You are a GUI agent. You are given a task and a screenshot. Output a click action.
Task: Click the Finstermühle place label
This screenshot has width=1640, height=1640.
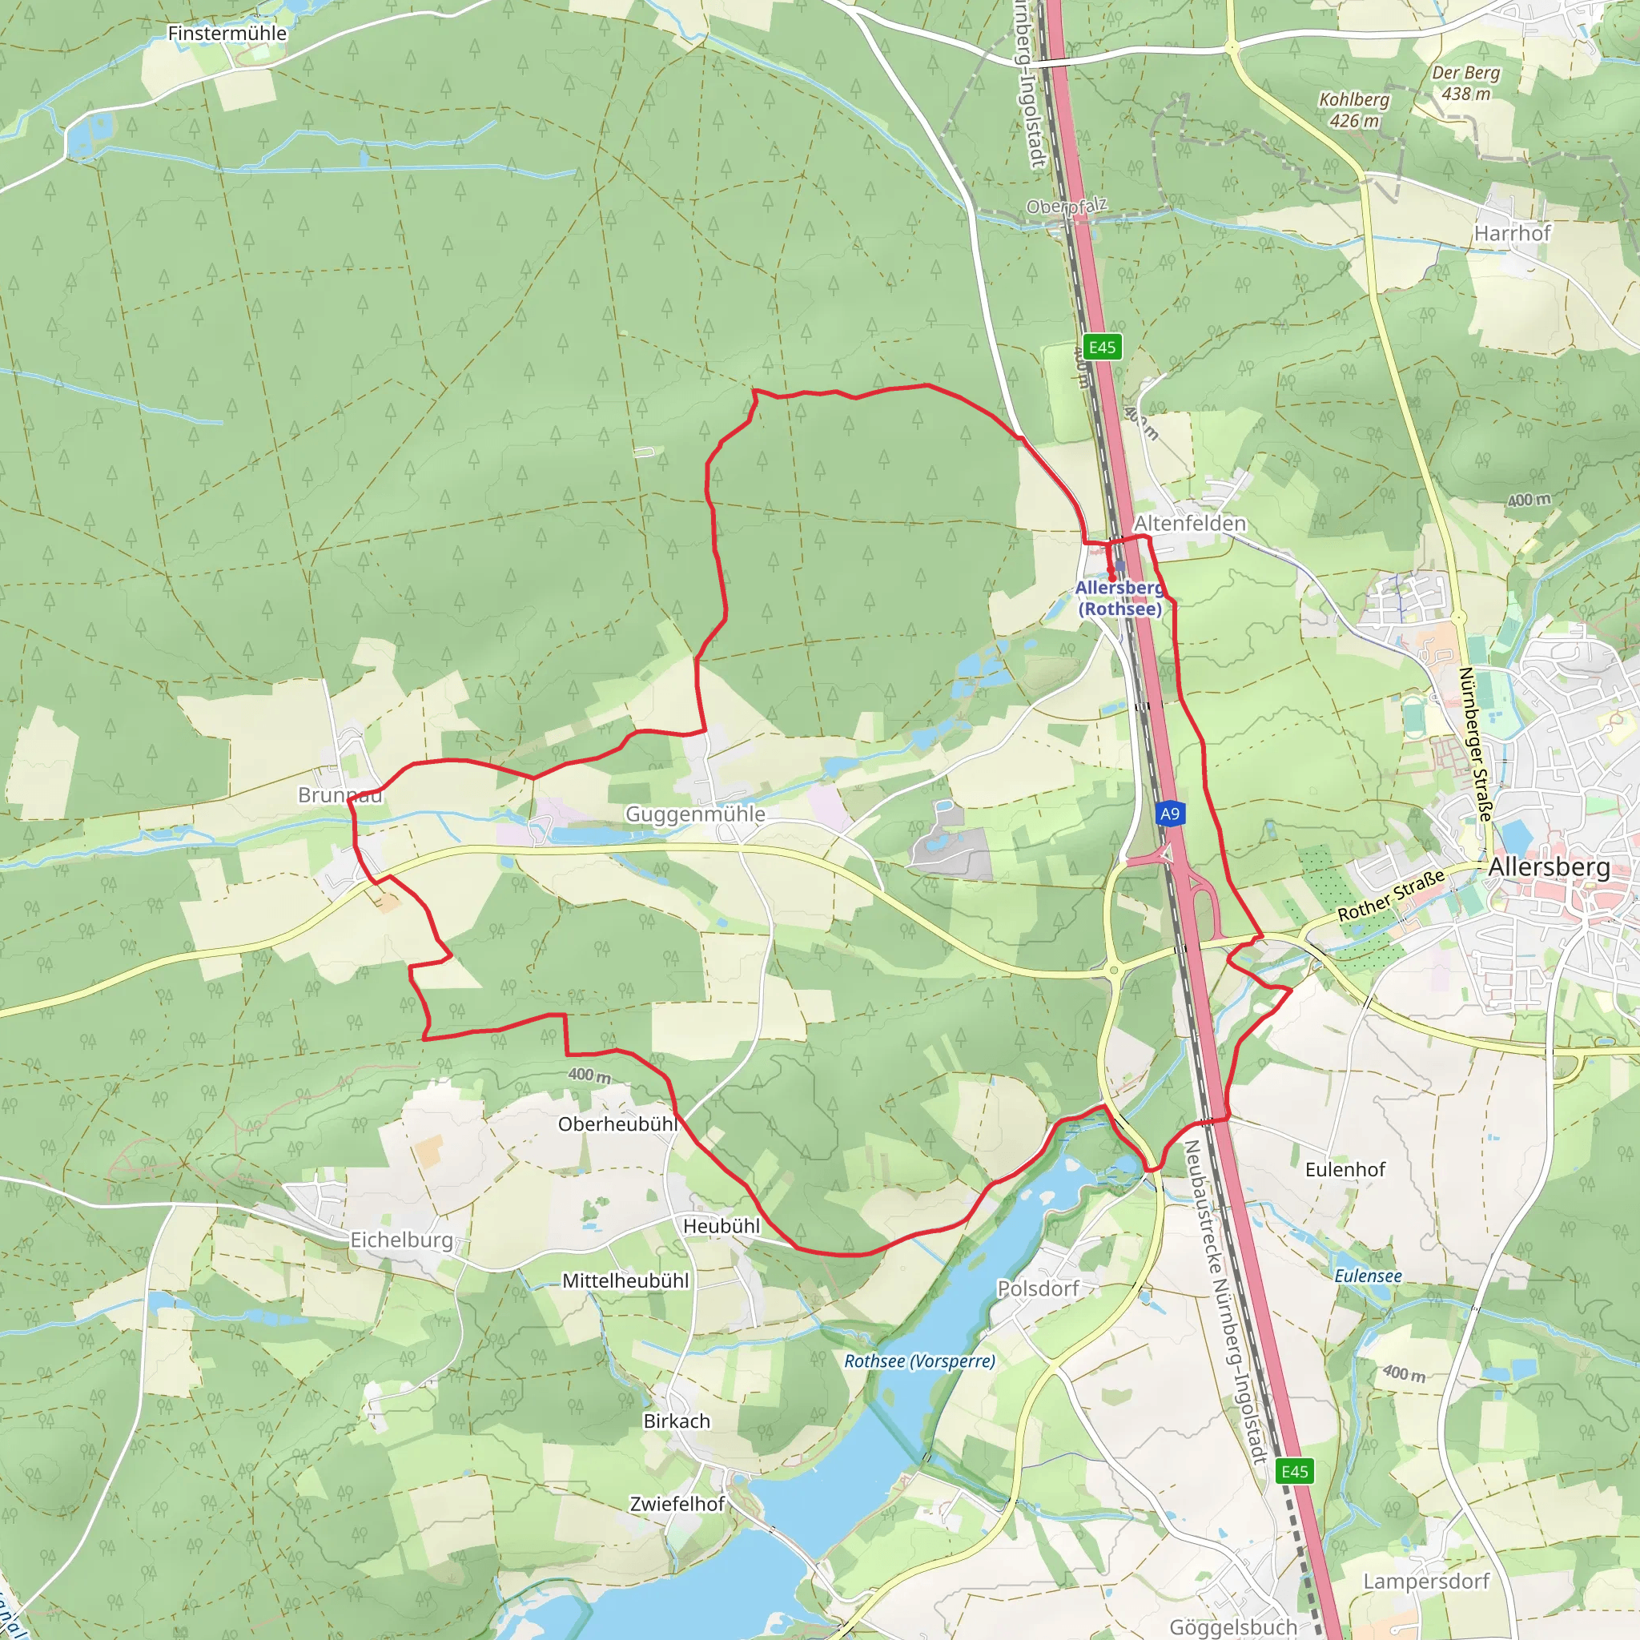(x=227, y=33)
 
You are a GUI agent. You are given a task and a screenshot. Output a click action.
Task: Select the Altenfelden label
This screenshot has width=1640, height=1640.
(x=1190, y=523)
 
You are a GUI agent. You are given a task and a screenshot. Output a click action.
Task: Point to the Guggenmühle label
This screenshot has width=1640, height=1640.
(x=695, y=814)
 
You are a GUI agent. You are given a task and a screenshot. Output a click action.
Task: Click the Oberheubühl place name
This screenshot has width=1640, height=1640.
(x=617, y=1123)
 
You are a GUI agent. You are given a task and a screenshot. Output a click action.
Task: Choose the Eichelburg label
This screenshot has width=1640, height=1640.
(x=401, y=1240)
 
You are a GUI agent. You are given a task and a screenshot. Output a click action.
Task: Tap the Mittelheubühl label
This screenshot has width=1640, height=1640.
(x=625, y=1281)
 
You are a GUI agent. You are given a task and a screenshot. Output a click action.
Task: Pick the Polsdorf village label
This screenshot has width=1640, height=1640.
(x=1038, y=1288)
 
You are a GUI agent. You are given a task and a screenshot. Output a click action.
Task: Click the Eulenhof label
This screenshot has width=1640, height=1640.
(x=1345, y=1170)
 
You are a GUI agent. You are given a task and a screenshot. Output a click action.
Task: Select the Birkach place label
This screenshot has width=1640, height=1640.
(x=677, y=1421)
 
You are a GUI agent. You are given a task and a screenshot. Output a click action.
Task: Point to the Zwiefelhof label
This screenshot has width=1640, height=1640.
(x=677, y=1504)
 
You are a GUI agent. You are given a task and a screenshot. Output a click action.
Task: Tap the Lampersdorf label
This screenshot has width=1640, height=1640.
(x=1426, y=1582)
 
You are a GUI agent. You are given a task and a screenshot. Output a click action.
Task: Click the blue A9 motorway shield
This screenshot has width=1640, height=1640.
(x=1170, y=814)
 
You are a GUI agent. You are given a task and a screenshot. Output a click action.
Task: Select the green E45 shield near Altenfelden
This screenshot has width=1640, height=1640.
(x=1102, y=348)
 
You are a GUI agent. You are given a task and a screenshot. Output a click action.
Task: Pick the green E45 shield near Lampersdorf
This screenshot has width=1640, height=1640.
(x=1295, y=1472)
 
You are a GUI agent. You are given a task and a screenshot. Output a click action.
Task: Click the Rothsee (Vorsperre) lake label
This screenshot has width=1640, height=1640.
(x=919, y=1361)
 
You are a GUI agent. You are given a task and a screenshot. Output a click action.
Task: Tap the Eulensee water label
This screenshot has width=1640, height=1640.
(x=1368, y=1276)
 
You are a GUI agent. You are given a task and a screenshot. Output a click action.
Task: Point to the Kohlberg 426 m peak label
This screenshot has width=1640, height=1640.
(x=1354, y=111)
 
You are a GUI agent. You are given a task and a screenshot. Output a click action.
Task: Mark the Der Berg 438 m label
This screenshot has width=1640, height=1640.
(x=1466, y=83)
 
